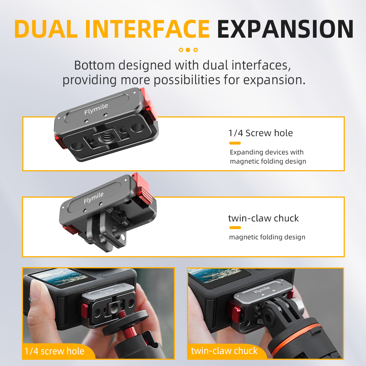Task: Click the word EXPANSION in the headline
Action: coord(285,29)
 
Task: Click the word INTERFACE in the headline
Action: coord(147,29)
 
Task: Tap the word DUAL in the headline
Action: coord(46,29)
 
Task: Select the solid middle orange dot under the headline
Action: coord(188,50)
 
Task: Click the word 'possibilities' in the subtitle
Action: coord(187,80)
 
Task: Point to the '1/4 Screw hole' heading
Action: coord(261,133)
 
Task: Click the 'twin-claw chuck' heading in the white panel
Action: coord(263,218)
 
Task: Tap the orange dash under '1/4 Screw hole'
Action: coord(235,143)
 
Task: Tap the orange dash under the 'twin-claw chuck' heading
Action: coord(235,228)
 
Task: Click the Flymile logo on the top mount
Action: coord(96,109)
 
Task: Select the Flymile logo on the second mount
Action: coord(94,198)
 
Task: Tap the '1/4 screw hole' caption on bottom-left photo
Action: coord(55,351)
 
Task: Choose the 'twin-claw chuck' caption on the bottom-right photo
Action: coord(224,351)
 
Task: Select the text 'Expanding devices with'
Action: coord(266,152)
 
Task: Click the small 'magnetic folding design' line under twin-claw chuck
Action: coord(267,237)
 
